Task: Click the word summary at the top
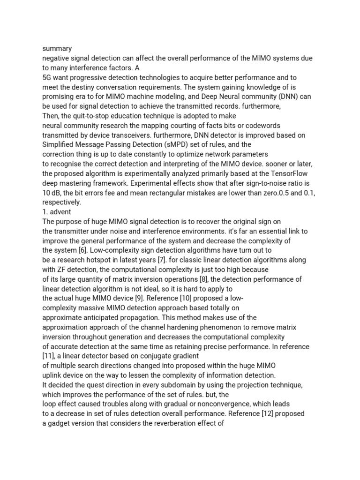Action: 57,48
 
